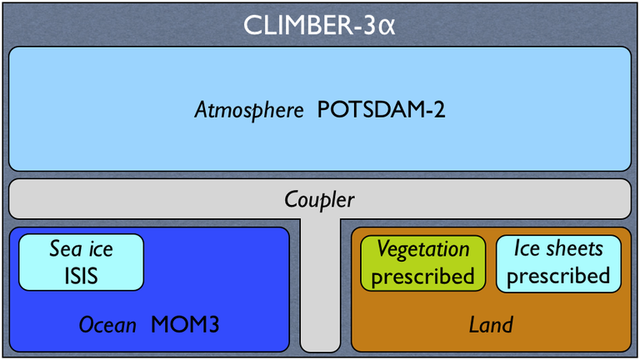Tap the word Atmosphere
click(249, 110)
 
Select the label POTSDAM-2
click(381, 110)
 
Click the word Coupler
click(319, 200)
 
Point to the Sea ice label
click(81, 249)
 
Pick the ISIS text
click(81, 275)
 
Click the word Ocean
click(107, 325)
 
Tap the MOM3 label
click(185, 325)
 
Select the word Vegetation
click(423, 249)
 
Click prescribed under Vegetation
click(422, 276)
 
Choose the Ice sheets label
click(558, 249)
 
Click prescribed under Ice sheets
click(558, 276)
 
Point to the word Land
click(491, 325)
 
